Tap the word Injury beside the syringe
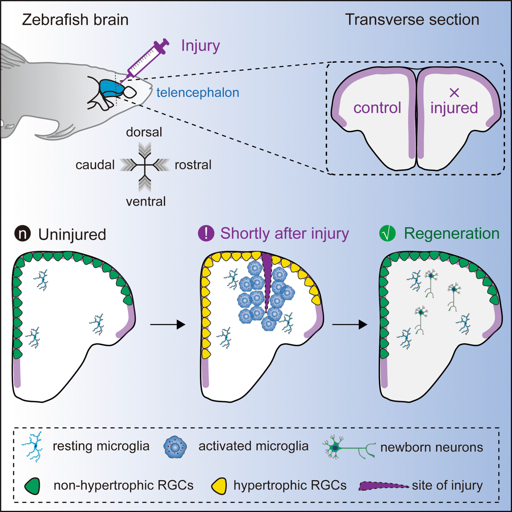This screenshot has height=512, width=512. pyautogui.click(x=200, y=46)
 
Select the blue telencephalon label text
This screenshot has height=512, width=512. pyautogui.click(x=198, y=92)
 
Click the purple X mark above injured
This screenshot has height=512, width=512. pyautogui.click(x=454, y=92)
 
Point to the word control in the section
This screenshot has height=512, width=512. pyautogui.click(x=377, y=108)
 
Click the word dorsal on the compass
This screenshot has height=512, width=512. pyautogui.click(x=144, y=132)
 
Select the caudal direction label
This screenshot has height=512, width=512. pyautogui.click(x=95, y=165)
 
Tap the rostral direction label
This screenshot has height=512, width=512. pyautogui.click(x=193, y=165)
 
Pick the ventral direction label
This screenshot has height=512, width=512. pyautogui.click(x=146, y=201)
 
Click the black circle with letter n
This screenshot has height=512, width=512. pyautogui.click(x=23, y=234)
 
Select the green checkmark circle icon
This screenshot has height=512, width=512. pyautogui.click(x=387, y=233)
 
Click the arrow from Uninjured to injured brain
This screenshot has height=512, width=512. pyautogui.click(x=167, y=324)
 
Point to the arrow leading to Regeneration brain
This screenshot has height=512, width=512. pyautogui.click(x=349, y=324)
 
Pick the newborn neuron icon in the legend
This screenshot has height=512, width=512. pyautogui.click(x=348, y=447)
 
